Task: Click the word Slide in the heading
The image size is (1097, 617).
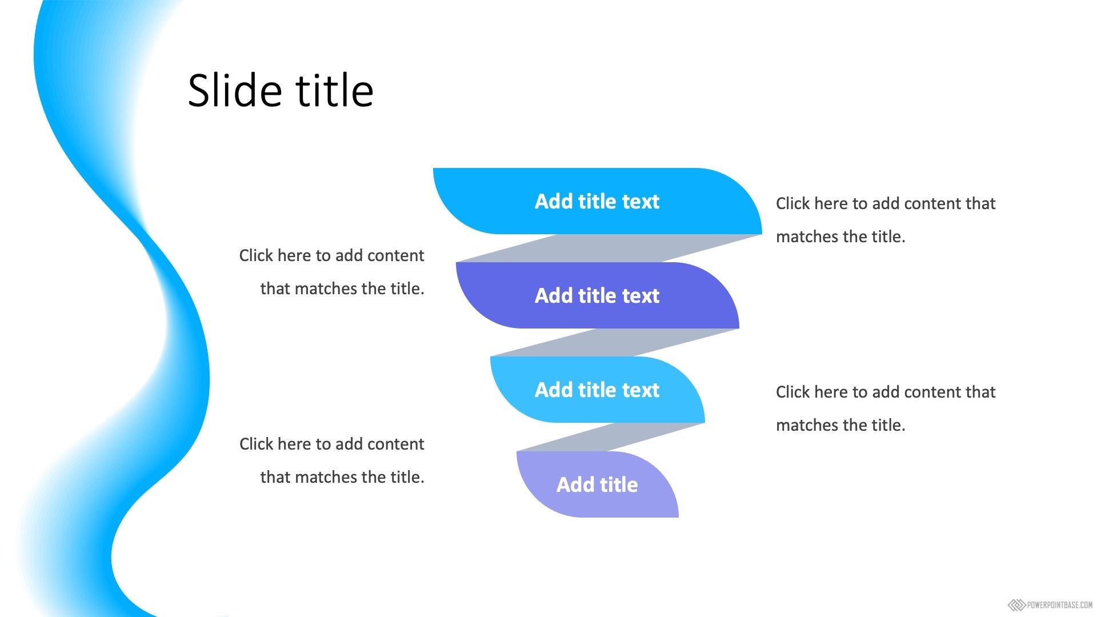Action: pyautogui.click(x=235, y=90)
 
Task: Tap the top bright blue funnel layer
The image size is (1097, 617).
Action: pyautogui.click(x=597, y=201)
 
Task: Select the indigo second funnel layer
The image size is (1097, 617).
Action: pyautogui.click(x=597, y=295)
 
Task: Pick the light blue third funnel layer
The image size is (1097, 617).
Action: pyautogui.click(x=597, y=390)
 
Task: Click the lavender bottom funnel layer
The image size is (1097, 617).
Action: pyautogui.click(x=597, y=484)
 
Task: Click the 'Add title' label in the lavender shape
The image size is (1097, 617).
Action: pyautogui.click(x=597, y=484)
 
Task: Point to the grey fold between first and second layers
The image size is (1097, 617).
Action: pyautogui.click(x=609, y=249)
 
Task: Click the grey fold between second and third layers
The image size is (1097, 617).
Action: pyautogui.click(x=615, y=343)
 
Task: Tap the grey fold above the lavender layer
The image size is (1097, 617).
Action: pyautogui.click(x=611, y=437)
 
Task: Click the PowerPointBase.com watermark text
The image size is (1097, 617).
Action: pyautogui.click(x=1060, y=605)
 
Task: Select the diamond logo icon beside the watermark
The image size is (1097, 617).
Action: pyautogui.click(x=1016, y=605)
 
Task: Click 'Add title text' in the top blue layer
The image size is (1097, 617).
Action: pyautogui.click(x=597, y=202)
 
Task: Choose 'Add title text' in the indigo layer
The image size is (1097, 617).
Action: pyautogui.click(x=597, y=296)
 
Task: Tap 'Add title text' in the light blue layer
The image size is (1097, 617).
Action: pyautogui.click(x=597, y=390)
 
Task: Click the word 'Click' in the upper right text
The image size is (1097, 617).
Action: pyautogui.click(x=793, y=203)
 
